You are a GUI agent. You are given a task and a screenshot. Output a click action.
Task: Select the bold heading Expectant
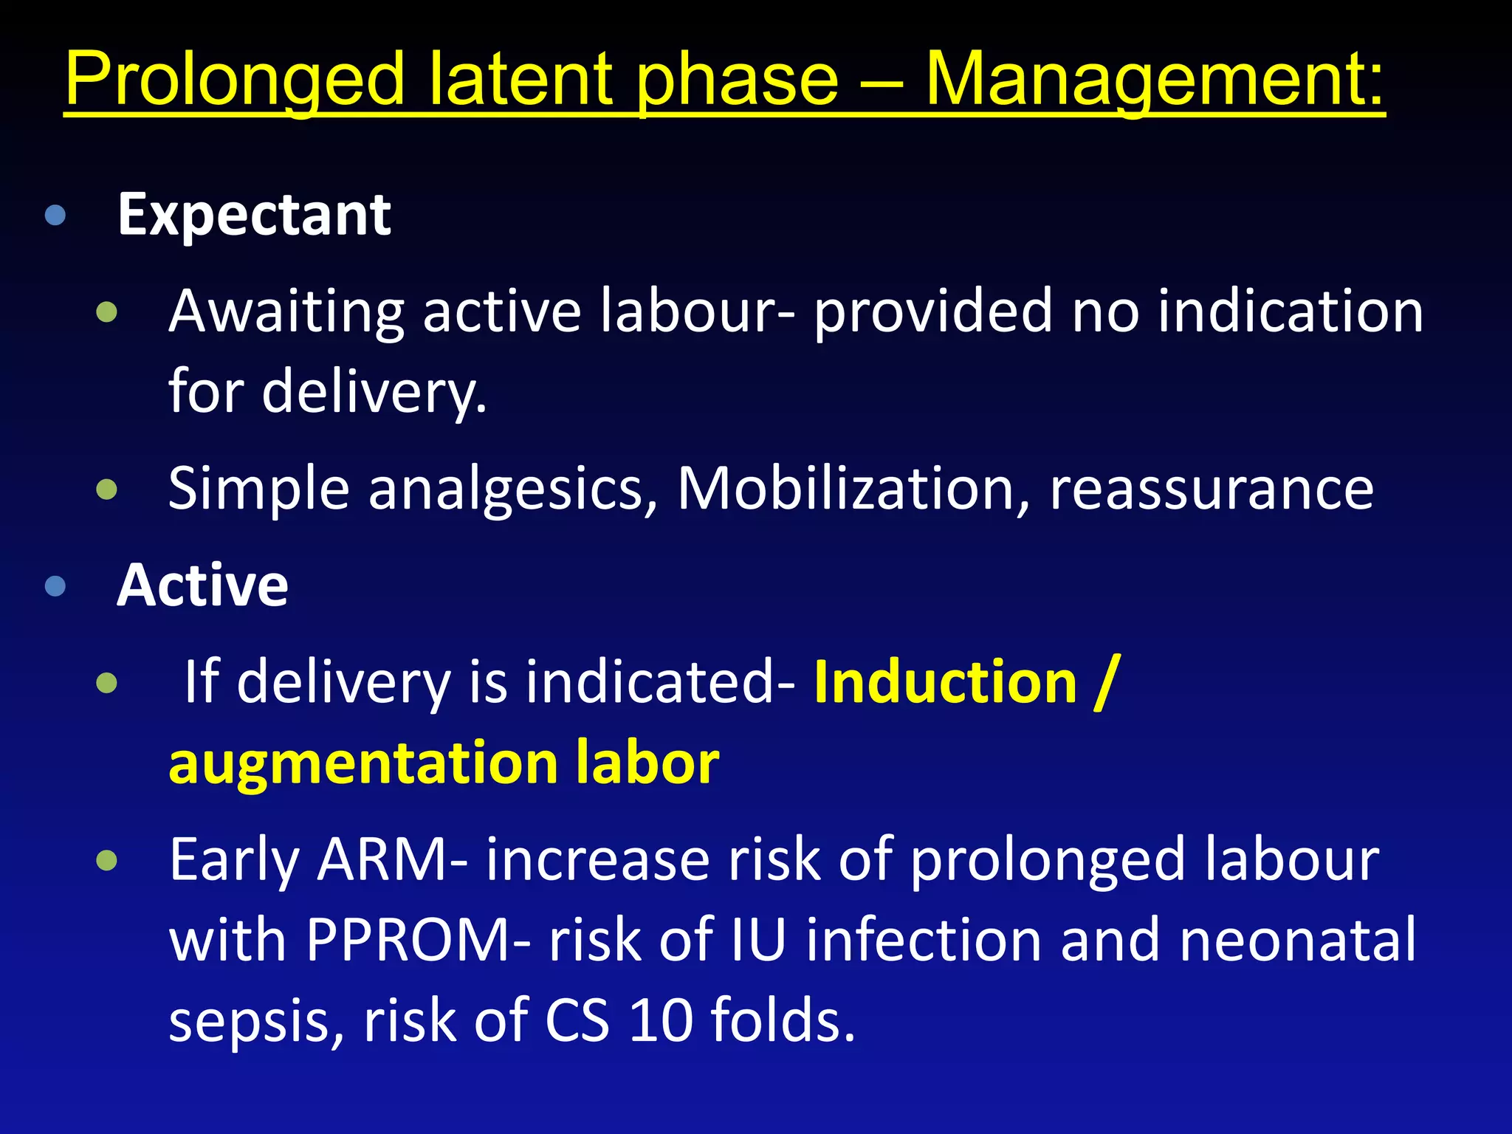[x=254, y=216]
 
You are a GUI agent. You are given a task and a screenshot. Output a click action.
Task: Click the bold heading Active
[x=202, y=585]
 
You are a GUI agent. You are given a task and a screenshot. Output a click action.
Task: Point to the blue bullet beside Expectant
[x=55, y=216]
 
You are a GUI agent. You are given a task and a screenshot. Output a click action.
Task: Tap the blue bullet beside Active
[x=55, y=586]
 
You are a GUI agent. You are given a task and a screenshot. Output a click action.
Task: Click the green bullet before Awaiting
[x=107, y=312]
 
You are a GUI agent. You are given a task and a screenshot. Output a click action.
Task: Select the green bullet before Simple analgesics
[x=107, y=489]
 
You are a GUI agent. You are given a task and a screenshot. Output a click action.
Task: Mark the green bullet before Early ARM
[x=107, y=860]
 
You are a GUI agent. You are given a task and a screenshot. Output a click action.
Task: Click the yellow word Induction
[x=945, y=682]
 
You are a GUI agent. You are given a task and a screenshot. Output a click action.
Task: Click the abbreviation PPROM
[x=410, y=941]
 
